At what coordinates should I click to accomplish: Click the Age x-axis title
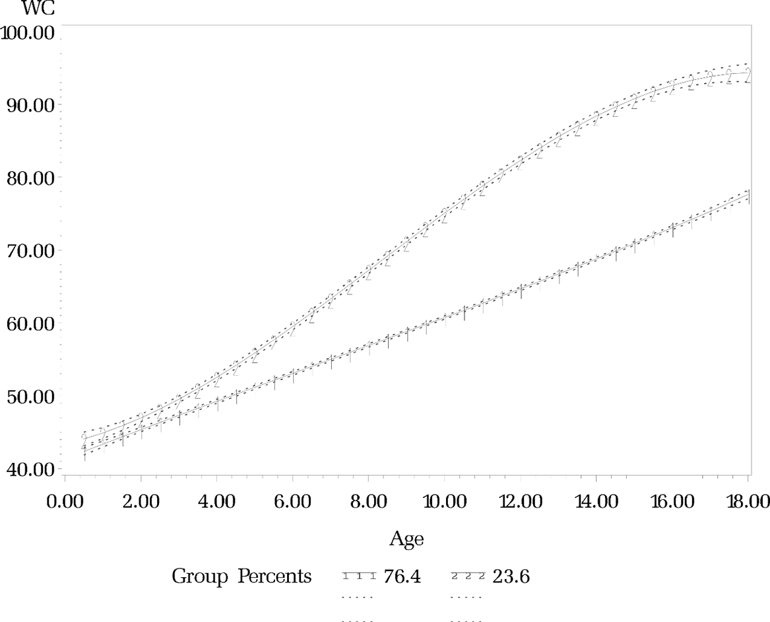pos(406,539)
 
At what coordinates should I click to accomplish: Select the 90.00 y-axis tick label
pos(29,106)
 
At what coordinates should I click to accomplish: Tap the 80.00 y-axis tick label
pos(29,178)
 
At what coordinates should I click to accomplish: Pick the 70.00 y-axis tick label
pos(29,252)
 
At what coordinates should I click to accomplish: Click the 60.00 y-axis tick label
pos(29,324)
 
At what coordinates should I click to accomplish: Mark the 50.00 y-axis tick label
pos(29,397)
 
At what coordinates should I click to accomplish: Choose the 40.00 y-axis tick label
pos(29,469)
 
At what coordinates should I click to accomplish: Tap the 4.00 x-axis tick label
pos(216,501)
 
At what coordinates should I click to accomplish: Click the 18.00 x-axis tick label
pos(747,501)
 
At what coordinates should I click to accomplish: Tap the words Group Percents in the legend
pos(241,576)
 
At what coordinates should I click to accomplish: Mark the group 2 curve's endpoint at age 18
pos(748,73)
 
